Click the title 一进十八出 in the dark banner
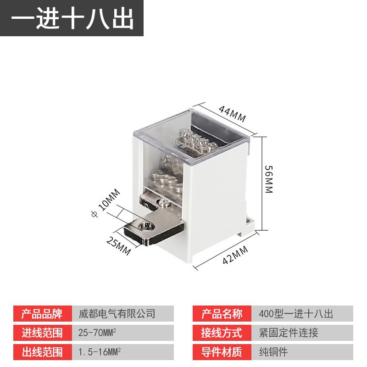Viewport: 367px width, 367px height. pyautogui.click(x=72, y=18)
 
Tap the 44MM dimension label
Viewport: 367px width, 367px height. pyautogui.click(x=232, y=113)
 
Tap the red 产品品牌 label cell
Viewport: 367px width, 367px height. pyautogui.click(x=42, y=314)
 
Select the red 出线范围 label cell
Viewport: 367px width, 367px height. pyautogui.click(x=42, y=352)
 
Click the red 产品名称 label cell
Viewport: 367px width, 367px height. pyautogui.click(x=222, y=314)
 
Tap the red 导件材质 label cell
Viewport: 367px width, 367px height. pyautogui.click(x=222, y=352)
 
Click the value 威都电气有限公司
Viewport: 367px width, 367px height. pyautogui.click(x=117, y=314)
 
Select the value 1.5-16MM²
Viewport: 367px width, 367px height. pyautogui.click(x=100, y=352)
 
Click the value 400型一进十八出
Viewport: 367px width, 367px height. pyautogui.click(x=295, y=314)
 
